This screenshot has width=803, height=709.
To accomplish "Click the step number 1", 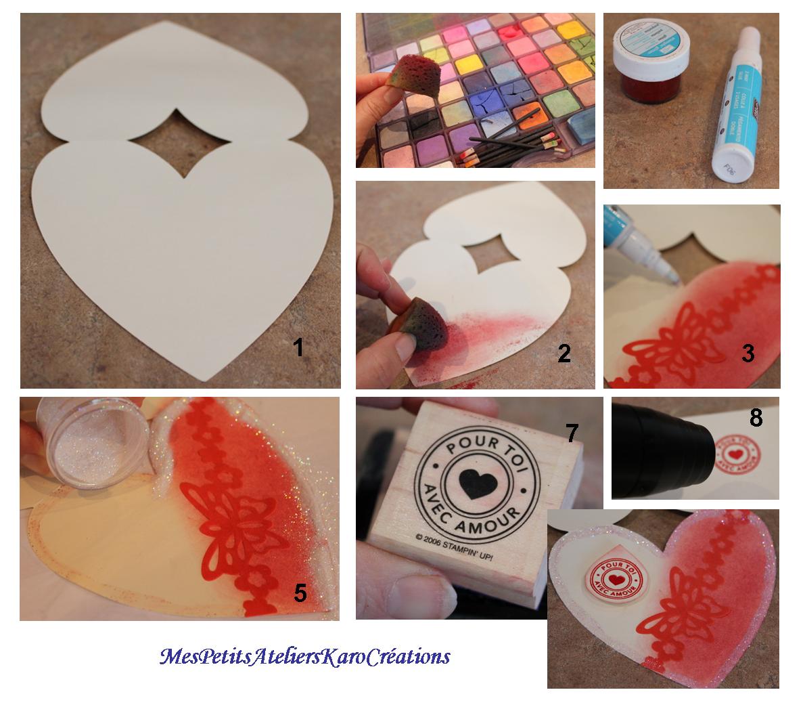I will [x=297, y=347].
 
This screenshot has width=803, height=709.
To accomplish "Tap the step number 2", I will [x=564, y=352].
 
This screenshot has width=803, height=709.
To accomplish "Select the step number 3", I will [x=748, y=353].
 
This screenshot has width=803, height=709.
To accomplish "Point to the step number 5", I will [x=300, y=593].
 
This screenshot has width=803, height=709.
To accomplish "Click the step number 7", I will [x=572, y=432].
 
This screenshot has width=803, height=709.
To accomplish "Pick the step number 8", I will [x=756, y=418].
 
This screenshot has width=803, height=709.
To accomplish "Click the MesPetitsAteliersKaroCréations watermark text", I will [x=304, y=656].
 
